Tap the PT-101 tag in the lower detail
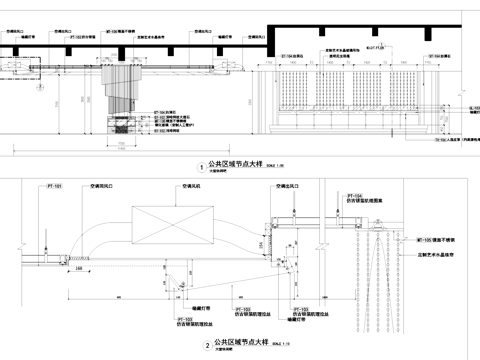(56, 187)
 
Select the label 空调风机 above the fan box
(190, 187)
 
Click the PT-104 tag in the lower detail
(355, 196)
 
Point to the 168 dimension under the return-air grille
(105, 268)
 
